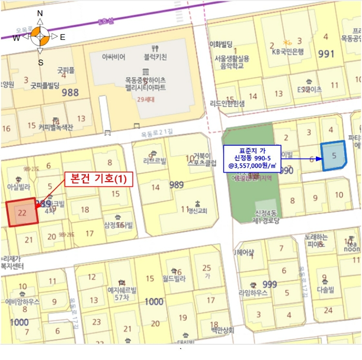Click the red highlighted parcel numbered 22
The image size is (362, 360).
22,212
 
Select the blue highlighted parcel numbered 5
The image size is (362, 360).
334,155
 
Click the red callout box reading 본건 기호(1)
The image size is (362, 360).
99,179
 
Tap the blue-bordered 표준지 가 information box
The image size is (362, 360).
252,158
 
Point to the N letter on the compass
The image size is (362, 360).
40,13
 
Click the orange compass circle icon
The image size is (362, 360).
40,37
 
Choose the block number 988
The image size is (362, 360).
70,93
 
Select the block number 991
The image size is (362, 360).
326,53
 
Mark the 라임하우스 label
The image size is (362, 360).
253,293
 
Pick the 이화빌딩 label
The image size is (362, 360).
222,44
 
